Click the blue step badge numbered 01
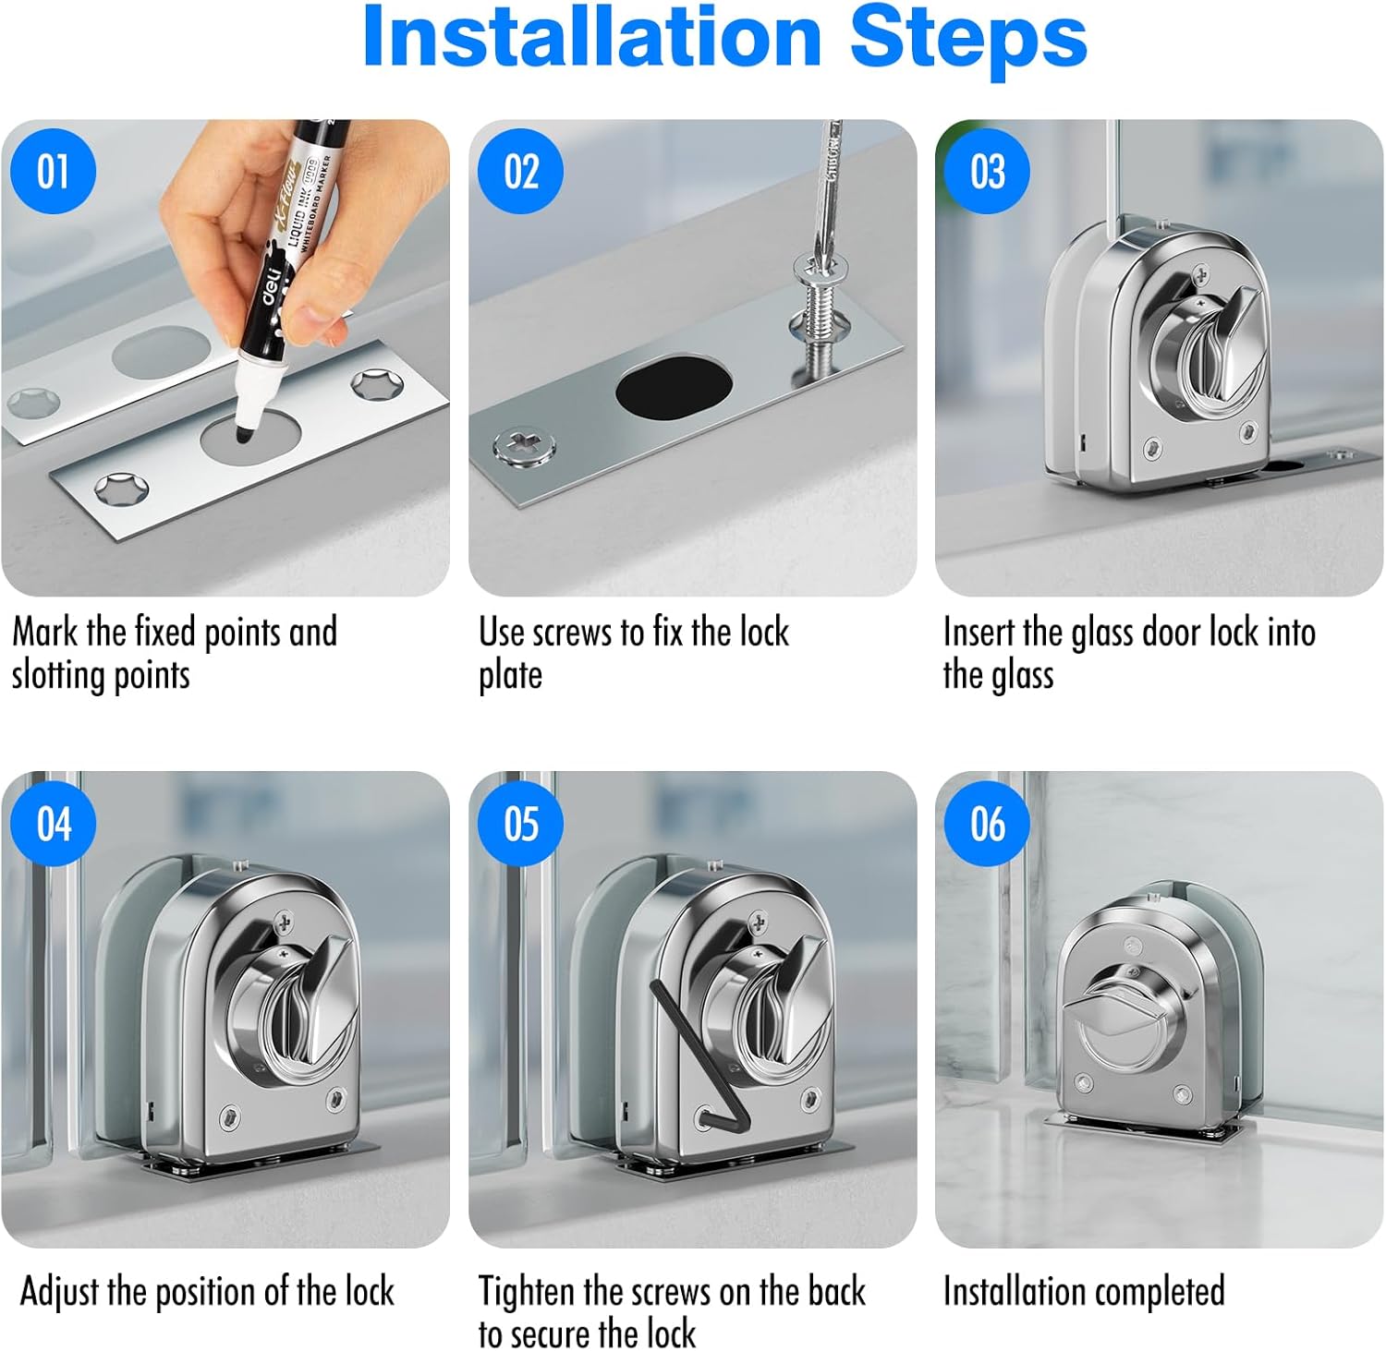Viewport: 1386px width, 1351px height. pyautogui.click(x=54, y=172)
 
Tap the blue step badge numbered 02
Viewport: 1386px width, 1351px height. pyautogui.click(x=520, y=172)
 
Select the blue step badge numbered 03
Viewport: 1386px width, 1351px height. pyautogui.click(x=987, y=172)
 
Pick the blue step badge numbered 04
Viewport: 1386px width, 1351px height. pyautogui.click(x=54, y=823)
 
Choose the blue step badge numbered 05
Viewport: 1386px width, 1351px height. pyautogui.click(x=520, y=823)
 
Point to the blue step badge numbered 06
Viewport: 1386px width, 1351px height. pyautogui.click(x=987, y=823)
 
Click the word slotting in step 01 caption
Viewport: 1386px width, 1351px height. pyautogui.click(x=56, y=676)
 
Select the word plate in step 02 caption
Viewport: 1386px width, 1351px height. pyautogui.click(x=510, y=676)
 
